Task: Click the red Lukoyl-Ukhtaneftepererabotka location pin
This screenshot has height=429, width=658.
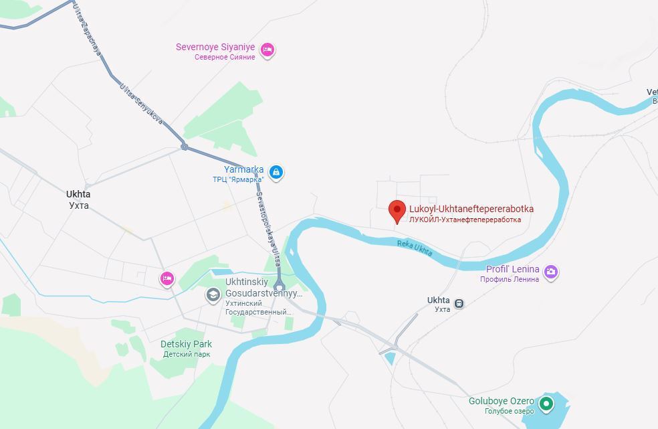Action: pyautogui.click(x=397, y=211)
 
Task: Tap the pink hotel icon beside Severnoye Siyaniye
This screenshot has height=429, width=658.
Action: pyautogui.click(x=267, y=50)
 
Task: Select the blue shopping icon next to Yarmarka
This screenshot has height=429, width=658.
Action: pyautogui.click(x=276, y=173)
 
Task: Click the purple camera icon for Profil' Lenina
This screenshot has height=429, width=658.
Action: pyautogui.click(x=551, y=272)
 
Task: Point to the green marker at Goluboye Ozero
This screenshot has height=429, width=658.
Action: pyautogui.click(x=546, y=404)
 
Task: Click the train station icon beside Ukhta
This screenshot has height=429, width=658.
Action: pyautogui.click(x=459, y=303)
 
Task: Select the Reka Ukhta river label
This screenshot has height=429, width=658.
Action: pyautogui.click(x=415, y=248)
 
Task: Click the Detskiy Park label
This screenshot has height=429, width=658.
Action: pyautogui.click(x=186, y=344)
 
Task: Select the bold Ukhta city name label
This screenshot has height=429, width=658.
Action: pyautogui.click(x=78, y=194)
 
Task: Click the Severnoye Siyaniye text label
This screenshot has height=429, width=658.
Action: pyautogui.click(x=215, y=47)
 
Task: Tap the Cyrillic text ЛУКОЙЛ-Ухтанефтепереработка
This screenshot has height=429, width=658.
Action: pyautogui.click(x=465, y=220)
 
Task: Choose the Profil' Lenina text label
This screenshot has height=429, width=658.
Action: pyautogui.click(x=512, y=270)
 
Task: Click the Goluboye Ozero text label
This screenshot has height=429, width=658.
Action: pyautogui.click(x=501, y=401)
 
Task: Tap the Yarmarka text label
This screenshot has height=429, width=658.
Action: pyautogui.click(x=243, y=169)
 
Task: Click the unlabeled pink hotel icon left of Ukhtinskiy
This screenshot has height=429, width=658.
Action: pyautogui.click(x=167, y=278)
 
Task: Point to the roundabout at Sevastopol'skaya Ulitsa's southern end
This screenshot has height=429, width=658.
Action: pyautogui.click(x=279, y=286)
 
